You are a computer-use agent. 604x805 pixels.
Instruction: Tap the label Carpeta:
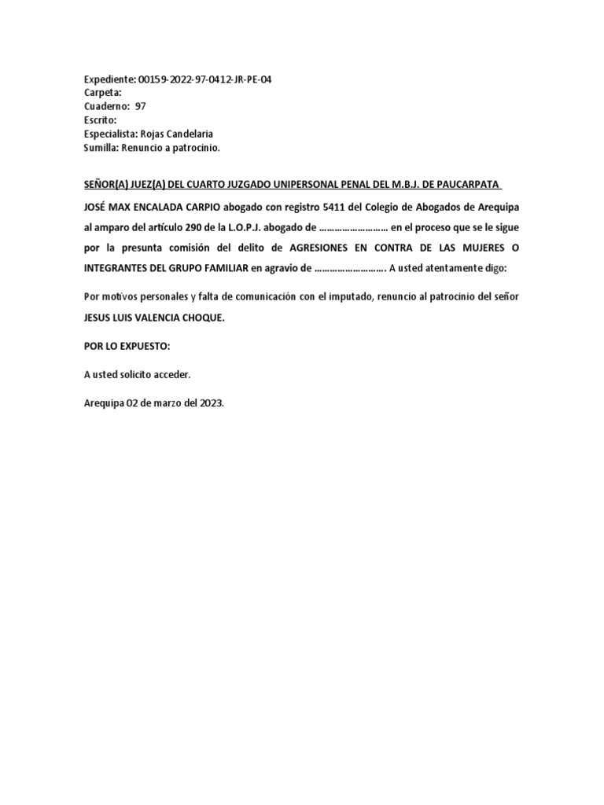tap(103, 94)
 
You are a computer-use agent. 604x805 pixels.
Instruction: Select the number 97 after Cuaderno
tap(141, 107)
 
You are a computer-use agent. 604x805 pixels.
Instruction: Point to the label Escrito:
tap(101, 120)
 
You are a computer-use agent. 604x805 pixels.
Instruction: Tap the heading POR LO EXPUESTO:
tap(127, 347)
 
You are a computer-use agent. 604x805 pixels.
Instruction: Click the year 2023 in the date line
tap(210, 403)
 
